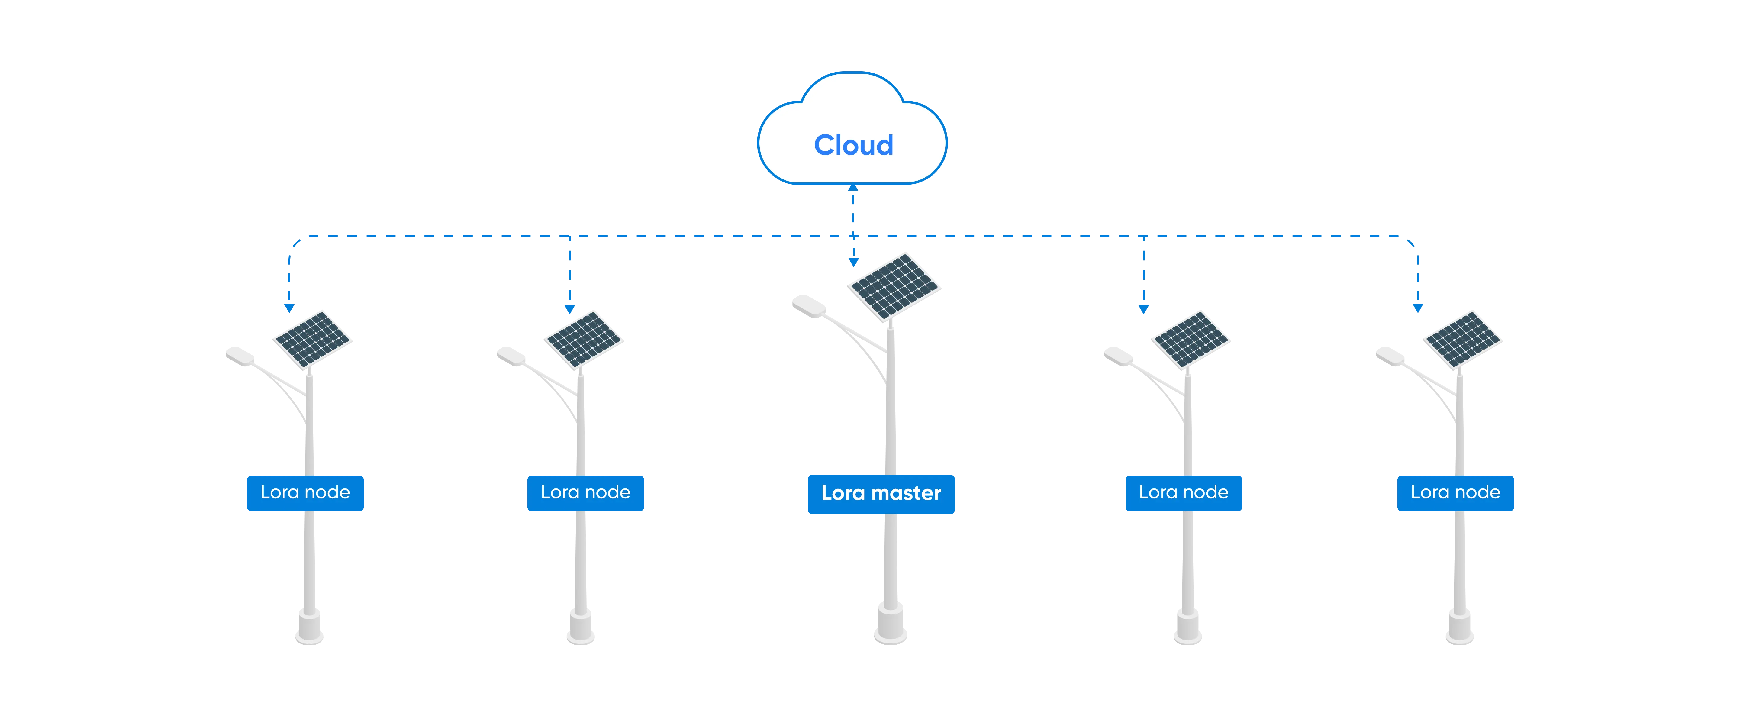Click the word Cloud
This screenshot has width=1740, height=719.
[x=853, y=145]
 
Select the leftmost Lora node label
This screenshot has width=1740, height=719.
[x=305, y=493]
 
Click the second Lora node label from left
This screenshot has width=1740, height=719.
[x=586, y=493]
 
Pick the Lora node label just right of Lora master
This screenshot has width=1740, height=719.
[x=1184, y=493]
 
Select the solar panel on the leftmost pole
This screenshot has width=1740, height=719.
[x=311, y=339]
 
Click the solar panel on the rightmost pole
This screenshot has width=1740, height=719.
[x=1462, y=339]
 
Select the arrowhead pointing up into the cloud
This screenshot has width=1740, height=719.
[x=853, y=187]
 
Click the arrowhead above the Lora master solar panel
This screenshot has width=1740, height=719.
[x=853, y=262]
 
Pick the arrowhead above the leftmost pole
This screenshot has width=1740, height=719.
[x=289, y=308]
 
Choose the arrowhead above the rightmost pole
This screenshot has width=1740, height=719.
[x=1417, y=308]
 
